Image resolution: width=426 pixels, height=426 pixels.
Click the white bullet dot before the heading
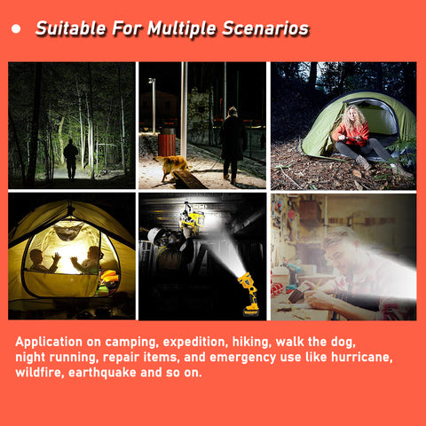[x=16, y=28]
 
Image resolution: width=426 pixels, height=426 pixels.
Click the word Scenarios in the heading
[x=265, y=28]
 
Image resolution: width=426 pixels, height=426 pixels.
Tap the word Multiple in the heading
[x=182, y=29]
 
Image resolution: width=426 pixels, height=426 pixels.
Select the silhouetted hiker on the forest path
[x=71, y=159]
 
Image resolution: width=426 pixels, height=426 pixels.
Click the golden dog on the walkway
[x=172, y=167]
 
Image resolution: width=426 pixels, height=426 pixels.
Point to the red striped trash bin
[x=167, y=143]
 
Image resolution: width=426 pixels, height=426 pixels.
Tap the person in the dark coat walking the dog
[x=232, y=145]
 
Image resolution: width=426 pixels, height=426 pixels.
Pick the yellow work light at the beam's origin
[x=249, y=294]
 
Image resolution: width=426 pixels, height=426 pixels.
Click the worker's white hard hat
[x=154, y=235]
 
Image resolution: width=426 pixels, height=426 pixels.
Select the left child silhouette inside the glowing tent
[x=43, y=261]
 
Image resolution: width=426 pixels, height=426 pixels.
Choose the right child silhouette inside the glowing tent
[x=88, y=260]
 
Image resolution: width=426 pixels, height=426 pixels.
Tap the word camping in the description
[x=130, y=343]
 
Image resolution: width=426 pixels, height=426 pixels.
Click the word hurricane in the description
[x=362, y=357]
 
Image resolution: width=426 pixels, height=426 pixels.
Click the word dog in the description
[x=343, y=343]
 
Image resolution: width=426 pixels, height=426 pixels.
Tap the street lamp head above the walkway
[x=152, y=81]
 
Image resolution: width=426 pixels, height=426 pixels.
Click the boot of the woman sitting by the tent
[x=363, y=162]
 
